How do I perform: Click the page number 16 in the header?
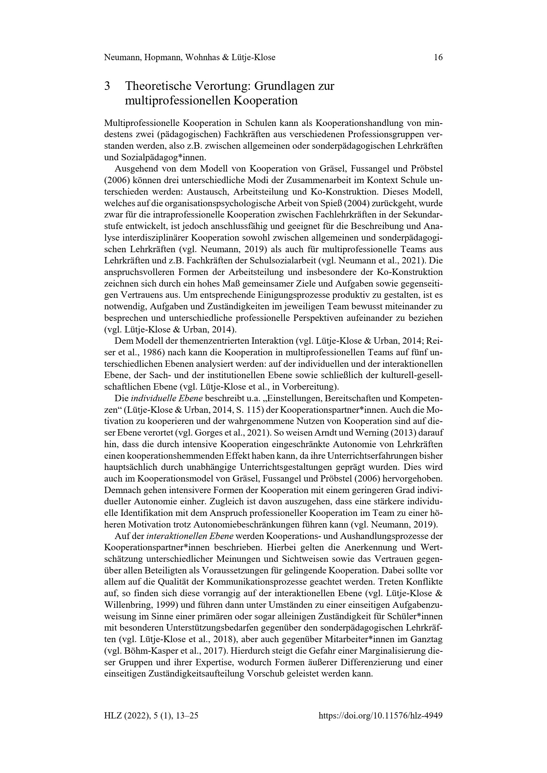click(x=438, y=58)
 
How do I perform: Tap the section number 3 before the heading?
click(x=107, y=86)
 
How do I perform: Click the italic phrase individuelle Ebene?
click(x=166, y=398)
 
